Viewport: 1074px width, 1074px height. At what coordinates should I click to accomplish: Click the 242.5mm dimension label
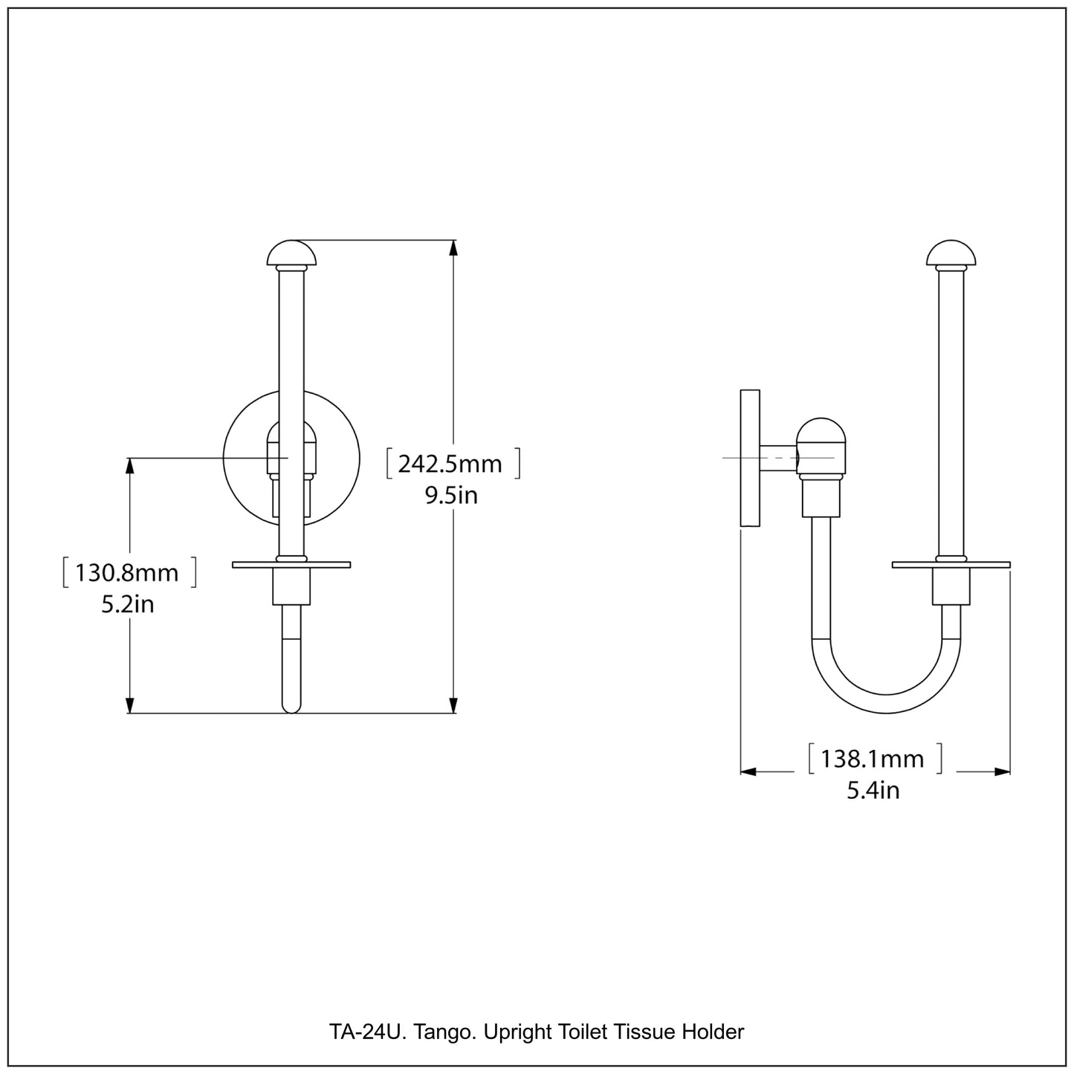pos(450,464)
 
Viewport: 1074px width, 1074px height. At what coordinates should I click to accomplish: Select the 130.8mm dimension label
pos(127,572)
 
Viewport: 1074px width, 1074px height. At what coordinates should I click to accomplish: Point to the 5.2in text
pos(128,604)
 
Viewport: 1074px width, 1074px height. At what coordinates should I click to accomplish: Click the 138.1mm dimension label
pos(873,759)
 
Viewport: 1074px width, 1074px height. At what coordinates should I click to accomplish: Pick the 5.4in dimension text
pos(873,789)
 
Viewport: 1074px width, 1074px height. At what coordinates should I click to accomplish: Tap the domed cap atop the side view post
pos(951,253)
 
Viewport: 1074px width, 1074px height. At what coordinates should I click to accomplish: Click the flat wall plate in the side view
pos(750,458)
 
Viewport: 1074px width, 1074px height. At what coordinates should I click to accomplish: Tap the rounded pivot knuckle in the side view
pos(821,446)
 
